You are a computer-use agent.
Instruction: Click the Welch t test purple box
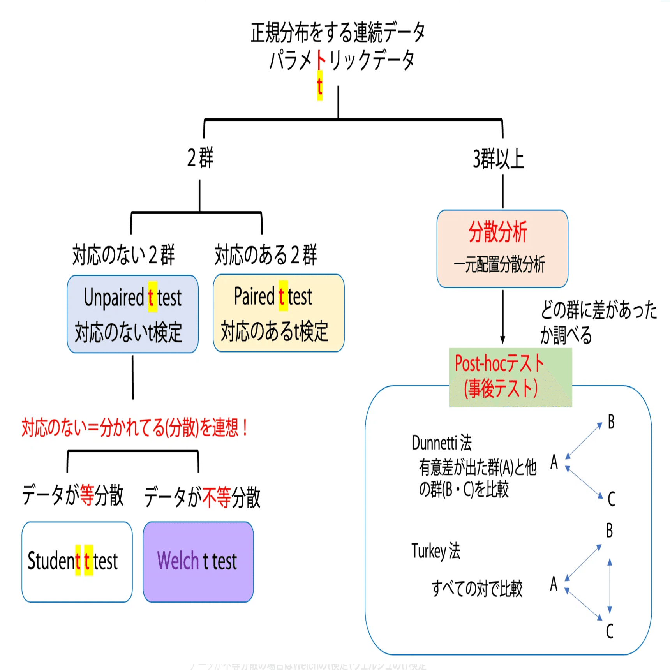click(198, 562)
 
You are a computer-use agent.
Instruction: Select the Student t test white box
click(77, 562)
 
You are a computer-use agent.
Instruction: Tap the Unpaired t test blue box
click(132, 314)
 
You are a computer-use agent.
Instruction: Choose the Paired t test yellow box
click(279, 313)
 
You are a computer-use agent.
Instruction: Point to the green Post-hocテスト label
click(510, 377)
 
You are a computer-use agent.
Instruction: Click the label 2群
click(200, 158)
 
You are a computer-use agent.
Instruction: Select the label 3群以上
click(499, 159)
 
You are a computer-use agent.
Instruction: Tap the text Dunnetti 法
click(441, 443)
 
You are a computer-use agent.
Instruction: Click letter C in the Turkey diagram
click(610, 631)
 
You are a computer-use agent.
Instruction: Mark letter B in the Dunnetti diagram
click(611, 422)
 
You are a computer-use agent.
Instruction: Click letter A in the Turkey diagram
click(554, 584)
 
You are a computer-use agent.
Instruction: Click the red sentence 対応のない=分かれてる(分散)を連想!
click(134, 428)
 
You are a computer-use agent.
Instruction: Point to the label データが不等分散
click(202, 497)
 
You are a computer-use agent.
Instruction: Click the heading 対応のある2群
click(266, 255)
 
